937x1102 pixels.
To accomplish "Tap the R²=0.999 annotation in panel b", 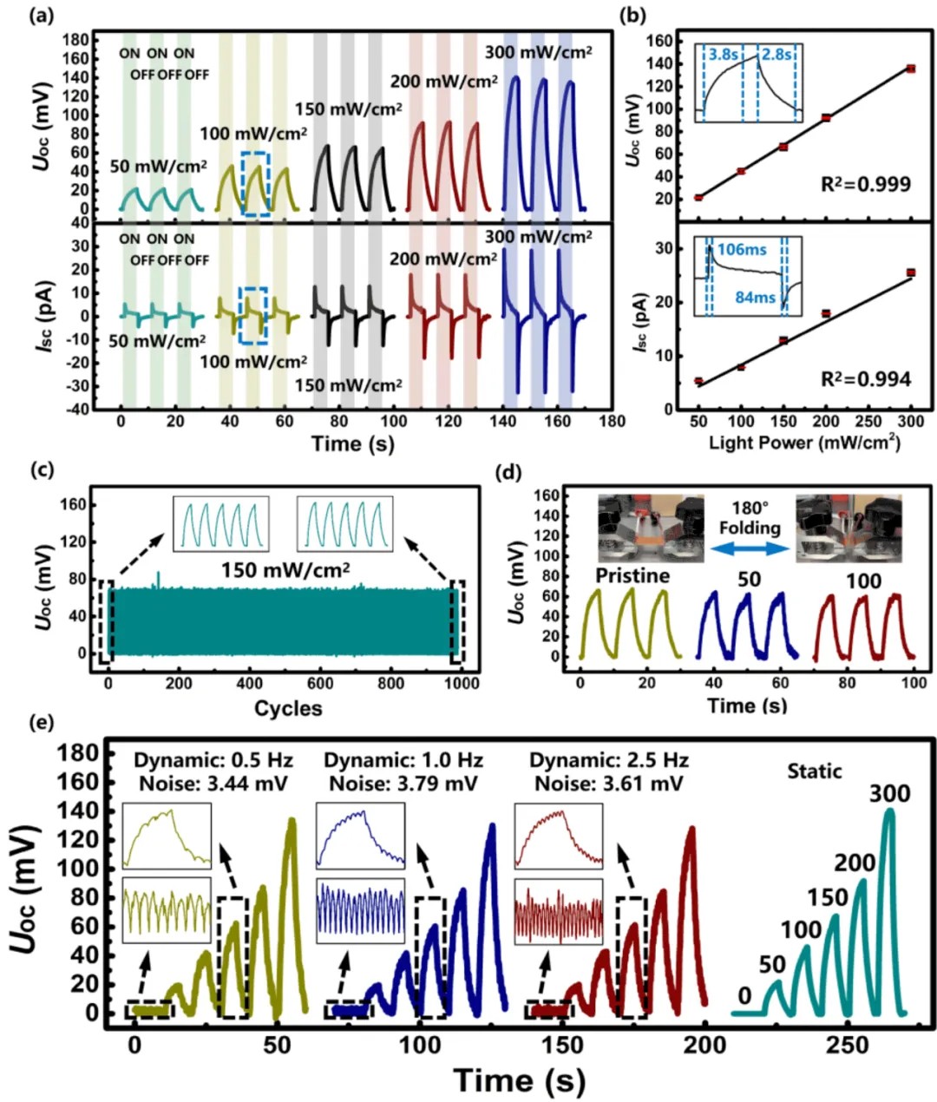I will tap(867, 184).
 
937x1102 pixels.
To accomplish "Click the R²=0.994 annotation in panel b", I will tap(867, 378).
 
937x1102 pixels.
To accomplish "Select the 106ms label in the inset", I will tap(741, 250).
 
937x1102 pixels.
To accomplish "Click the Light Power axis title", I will tap(804, 443).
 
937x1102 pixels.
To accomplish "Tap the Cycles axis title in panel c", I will tap(288, 708).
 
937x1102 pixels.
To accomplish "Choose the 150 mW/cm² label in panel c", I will tap(285, 570).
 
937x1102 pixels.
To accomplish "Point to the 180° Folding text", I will tap(749, 518).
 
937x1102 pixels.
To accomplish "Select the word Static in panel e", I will tap(815, 770).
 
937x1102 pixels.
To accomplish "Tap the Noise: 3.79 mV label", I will tap(403, 784).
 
